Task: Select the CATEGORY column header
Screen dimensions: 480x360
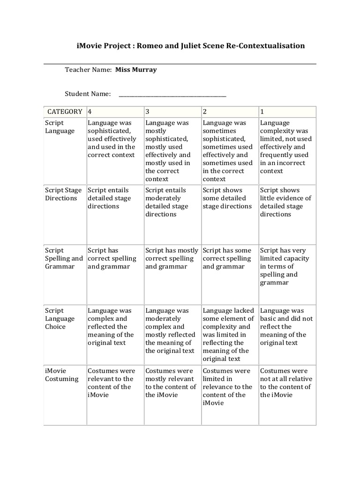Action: [65, 112]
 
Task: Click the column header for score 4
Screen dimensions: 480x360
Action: [90, 112]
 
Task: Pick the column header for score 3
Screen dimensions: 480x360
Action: [148, 112]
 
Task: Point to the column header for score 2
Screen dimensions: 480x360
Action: [205, 112]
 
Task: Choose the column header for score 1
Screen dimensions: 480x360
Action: [262, 112]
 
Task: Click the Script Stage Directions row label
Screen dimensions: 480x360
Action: [63, 194]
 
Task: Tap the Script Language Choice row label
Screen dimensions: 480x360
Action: [60, 318]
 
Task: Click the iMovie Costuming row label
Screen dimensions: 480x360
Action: [61, 375]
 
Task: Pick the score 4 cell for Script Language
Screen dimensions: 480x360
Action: [112, 139]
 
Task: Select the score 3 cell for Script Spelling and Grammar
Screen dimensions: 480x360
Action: [172, 258]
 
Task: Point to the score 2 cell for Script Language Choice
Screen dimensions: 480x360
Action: [228, 335]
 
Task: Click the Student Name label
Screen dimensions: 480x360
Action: [88, 94]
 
